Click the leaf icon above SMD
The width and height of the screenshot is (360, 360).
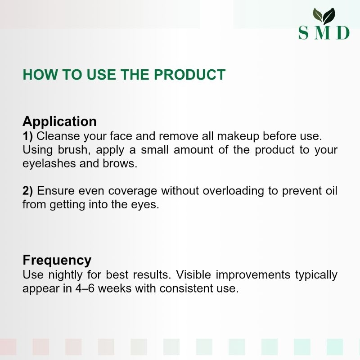[x=324, y=16]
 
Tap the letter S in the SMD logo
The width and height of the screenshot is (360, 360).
[x=303, y=33]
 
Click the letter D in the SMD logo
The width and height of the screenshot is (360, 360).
[x=343, y=33]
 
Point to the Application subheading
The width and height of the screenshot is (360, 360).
[x=59, y=121]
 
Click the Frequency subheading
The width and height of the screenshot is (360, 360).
[x=57, y=261]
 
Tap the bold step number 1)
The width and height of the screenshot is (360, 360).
[x=28, y=136]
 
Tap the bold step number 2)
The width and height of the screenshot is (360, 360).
[x=28, y=191]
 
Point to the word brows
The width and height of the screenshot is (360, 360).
[x=120, y=164]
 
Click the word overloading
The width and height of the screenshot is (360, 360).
[x=233, y=191]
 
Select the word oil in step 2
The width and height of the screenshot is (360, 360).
[x=331, y=191]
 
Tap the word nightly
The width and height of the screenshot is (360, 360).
[x=65, y=275]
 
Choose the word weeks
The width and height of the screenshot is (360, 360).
[x=115, y=288]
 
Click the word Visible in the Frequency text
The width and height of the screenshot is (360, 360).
[x=193, y=274]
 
